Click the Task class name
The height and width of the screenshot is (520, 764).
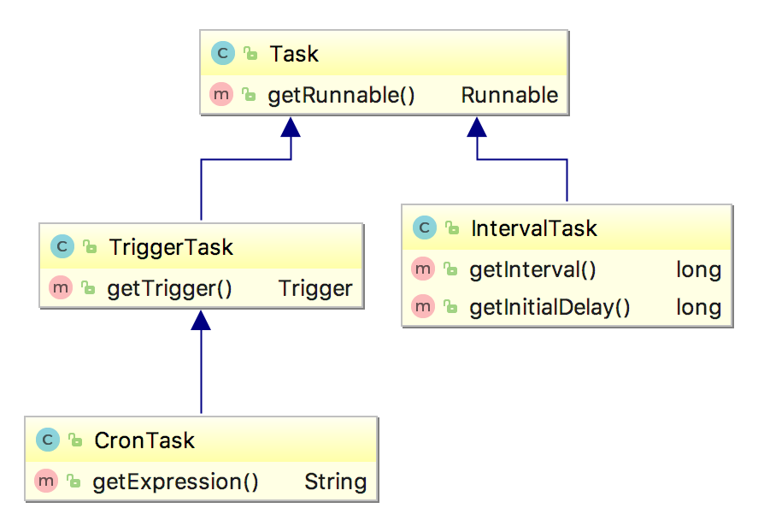[x=294, y=54]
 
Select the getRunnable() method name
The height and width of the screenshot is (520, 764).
[x=341, y=95]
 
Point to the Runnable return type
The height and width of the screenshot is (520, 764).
[x=509, y=95]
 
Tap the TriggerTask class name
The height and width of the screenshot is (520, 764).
[x=171, y=247]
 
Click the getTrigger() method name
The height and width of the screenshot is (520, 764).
[x=169, y=289]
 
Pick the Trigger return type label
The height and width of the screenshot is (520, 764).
[x=315, y=289]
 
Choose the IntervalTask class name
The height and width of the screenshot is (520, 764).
[x=534, y=228]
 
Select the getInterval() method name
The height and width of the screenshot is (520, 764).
[x=532, y=269]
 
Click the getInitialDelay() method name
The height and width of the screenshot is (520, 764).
[x=549, y=307]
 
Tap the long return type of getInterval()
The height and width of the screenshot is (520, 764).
[x=699, y=269]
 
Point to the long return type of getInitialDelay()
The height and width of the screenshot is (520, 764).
[x=699, y=307]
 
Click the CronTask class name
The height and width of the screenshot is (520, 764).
[x=144, y=440]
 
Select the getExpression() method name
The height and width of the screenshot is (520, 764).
[x=175, y=482]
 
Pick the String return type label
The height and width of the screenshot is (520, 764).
[x=336, y=482]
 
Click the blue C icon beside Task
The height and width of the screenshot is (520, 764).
[x=223, y=53]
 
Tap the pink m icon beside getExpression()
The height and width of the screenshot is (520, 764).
[x=46, y=481]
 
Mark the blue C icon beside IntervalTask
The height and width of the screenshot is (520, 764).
[x=425, y=227]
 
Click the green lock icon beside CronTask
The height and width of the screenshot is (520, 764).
[x=75, y=440]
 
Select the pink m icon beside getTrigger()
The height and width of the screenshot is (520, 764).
[x=61, y=288]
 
